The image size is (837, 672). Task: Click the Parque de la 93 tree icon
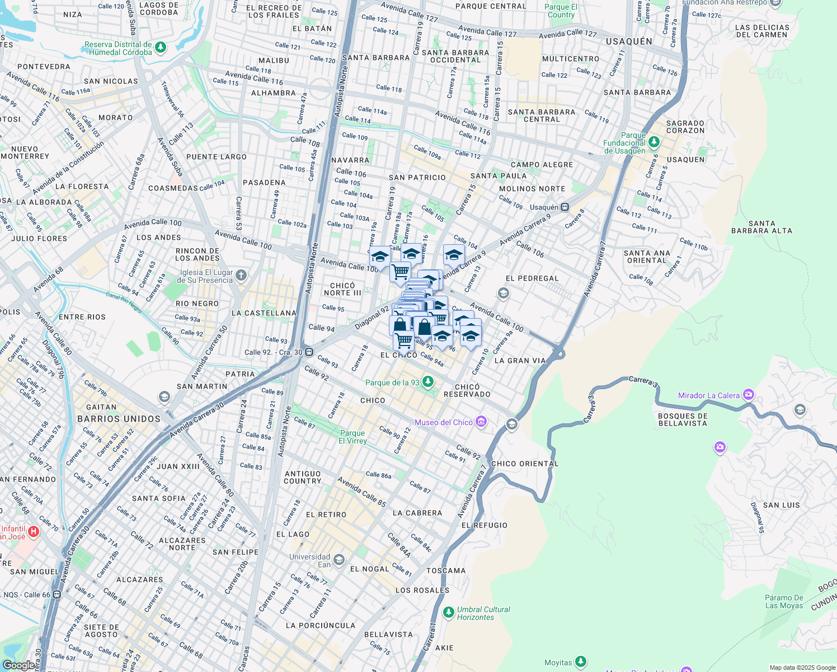(428, 381)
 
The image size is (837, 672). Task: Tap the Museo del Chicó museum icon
(481, 422)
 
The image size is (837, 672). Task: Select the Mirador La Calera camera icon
(749, 395)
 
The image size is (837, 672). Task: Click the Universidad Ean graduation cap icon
(339, 560)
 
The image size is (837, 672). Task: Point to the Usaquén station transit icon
(565, 207)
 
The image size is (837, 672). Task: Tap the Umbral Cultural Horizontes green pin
(448, 612)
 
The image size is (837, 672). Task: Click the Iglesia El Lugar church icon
(241, 275)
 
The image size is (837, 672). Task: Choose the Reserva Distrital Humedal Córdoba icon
(161, 47)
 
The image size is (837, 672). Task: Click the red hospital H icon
(33, 531)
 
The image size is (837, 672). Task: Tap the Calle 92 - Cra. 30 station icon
(309, 352)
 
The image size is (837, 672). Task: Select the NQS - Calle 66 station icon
(57, 595)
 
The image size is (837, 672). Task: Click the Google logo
(19, 665)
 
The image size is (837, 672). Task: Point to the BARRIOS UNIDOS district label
(119, 419)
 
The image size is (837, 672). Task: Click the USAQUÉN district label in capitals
(629, 41)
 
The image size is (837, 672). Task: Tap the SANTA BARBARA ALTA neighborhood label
(761, 227)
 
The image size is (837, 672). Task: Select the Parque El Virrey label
(352, 437)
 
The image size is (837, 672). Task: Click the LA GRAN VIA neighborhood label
(520, 361)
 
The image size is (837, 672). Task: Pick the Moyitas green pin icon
(581, 662)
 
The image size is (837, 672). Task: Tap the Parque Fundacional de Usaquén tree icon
(654, 142)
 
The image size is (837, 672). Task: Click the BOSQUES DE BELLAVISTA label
(683, 419)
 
